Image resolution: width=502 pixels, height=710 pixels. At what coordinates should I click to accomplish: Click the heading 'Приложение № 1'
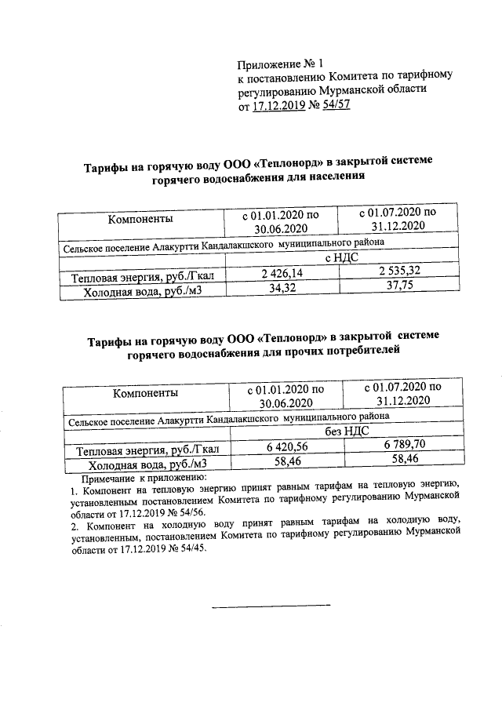pyautogui.click(x=280, y=63)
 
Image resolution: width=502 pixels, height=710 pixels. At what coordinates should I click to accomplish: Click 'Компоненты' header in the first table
pyautogui.click(x=140, y=219)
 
